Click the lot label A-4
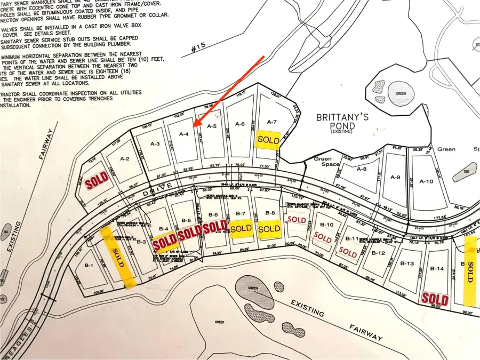click(183, 135)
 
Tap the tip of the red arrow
click(194, 126)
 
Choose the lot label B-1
click(89, 266)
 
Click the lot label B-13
click(407, 263)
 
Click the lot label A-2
click(125, 158)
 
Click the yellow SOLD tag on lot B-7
click(241, 228)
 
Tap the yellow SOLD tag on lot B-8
click(269, 228)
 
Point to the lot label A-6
click(239, 124)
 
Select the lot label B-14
click(437, 268)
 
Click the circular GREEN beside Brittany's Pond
click(401, 94)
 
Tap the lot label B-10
click(330, 225)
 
